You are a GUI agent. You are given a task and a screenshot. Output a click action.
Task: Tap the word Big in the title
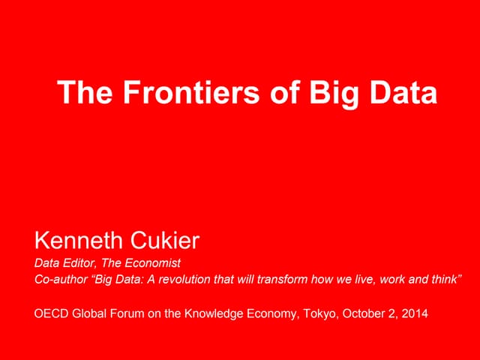tap(327, 93)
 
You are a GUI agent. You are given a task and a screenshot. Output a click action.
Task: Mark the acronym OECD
tap(50, 313)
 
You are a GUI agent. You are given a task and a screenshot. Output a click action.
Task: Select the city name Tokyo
tap(319, 313)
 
